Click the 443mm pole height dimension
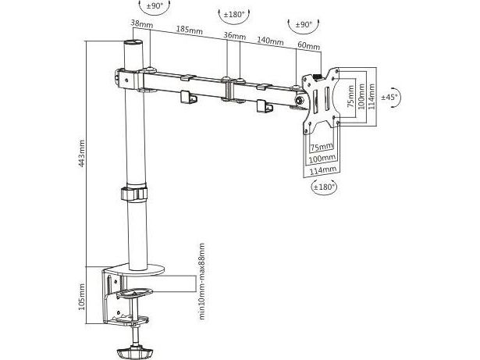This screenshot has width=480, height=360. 82,154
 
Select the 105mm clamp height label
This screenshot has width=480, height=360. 82,297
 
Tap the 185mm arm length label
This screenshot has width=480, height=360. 189,30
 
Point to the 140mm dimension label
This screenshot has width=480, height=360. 270,41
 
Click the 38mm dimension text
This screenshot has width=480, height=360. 142,23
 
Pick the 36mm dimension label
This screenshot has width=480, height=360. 234,36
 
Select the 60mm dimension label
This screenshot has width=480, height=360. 308,45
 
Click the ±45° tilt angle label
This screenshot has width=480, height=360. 389,97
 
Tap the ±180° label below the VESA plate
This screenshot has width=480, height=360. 323,187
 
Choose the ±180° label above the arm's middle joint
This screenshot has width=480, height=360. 234,14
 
